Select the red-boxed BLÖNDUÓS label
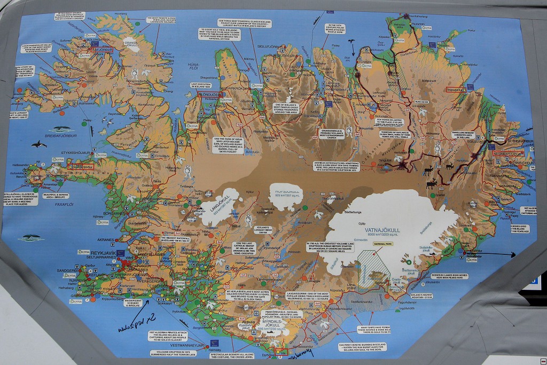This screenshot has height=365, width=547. click(x=209, y=94)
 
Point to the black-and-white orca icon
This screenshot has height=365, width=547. click(x=38, y=144)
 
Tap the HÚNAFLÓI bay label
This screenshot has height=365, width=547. click(x=193, y=66)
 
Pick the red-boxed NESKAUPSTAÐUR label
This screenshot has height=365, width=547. click(x=508, y=153)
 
